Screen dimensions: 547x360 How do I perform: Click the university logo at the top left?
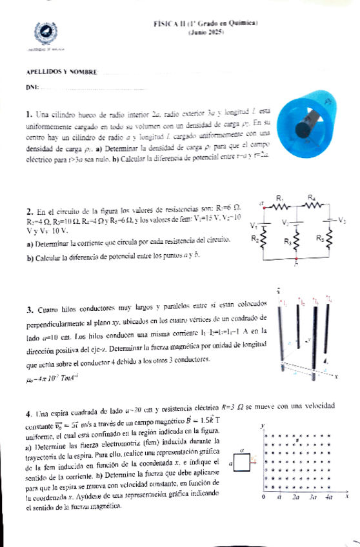click(43, 32)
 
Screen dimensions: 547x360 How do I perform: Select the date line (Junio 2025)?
click(205, 31)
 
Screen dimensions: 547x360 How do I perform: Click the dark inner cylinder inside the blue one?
click(303, 130)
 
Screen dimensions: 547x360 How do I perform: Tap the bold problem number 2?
click(30, 211)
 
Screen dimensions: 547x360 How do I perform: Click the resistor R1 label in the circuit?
click(280, 197)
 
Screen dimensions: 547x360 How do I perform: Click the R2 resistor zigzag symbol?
click(263, 239)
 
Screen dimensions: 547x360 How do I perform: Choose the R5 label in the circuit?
click(321, 237)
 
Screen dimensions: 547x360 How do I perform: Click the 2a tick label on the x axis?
click(295, 498)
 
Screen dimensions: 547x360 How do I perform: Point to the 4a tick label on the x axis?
click(328, 498)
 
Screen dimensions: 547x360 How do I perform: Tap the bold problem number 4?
click(30, 413)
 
